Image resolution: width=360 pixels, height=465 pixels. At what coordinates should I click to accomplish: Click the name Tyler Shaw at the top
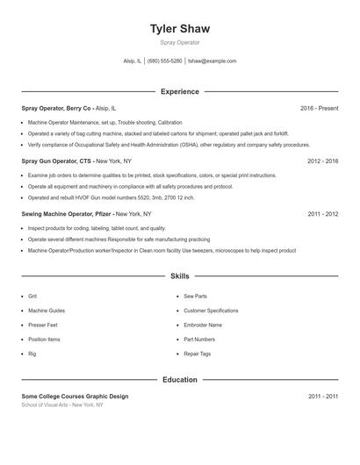(180, 28)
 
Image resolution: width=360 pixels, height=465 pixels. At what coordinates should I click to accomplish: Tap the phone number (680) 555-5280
(165, 61)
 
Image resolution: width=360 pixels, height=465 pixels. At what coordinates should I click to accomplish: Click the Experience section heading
(180, 91)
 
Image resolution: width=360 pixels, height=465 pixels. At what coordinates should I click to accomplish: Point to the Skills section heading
(180, 276)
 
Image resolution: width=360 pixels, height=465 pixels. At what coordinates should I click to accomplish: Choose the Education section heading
(180, 380)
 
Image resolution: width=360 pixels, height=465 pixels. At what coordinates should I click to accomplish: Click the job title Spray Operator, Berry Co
(56, 108)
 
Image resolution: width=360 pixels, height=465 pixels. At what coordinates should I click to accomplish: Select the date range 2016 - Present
(319, 108)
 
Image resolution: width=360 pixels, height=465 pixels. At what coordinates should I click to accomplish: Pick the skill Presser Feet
(43, 325)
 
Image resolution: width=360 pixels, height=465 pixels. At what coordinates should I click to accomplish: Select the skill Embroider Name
(203, 325)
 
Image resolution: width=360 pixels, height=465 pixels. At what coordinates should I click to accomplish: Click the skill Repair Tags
(197, 354)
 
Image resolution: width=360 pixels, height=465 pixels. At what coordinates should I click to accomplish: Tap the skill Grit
(32, 297)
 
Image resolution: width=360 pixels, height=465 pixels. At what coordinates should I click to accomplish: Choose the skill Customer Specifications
(211, 311)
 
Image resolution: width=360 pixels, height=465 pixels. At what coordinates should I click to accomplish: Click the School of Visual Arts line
(62, 405)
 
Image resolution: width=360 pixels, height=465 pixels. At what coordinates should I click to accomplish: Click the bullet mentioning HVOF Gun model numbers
(112, 197)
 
